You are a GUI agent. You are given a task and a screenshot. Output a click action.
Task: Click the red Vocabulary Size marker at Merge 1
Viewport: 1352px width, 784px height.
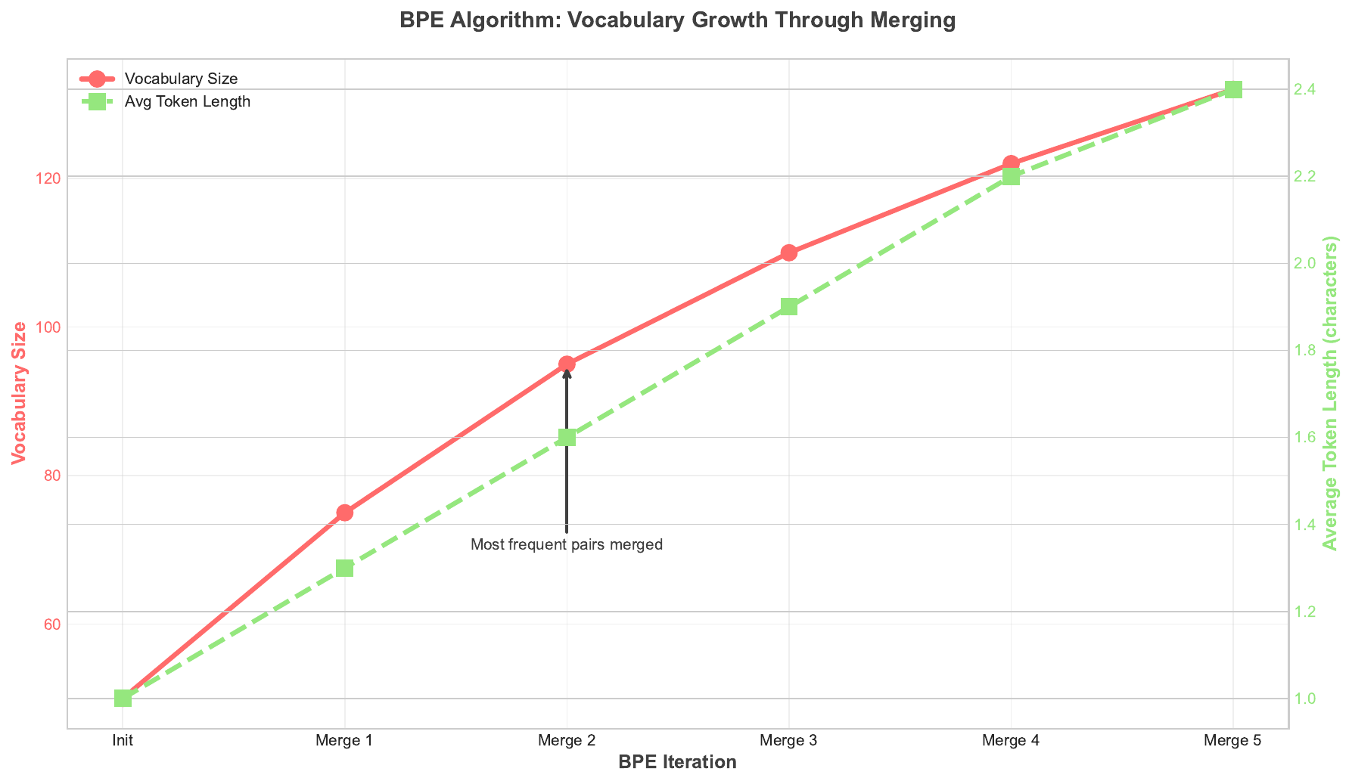click(345, 513)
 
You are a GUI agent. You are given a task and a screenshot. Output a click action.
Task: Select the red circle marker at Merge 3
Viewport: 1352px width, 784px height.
click(789, 253)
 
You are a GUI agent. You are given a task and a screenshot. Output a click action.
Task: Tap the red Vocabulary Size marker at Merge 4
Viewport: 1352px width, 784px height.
click(1011, 163)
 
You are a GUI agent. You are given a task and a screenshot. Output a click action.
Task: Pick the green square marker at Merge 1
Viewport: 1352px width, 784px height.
click(345, 568)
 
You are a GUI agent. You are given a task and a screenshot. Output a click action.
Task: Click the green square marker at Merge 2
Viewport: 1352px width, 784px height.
click(567, 438)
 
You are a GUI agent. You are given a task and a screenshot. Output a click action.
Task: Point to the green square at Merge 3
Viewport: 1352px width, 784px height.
click(789, 307)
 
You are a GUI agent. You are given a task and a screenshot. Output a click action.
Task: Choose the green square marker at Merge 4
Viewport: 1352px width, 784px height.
click(1011, 177)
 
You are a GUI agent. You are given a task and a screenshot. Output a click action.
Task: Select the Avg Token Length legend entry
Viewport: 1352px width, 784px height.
click(187, 102)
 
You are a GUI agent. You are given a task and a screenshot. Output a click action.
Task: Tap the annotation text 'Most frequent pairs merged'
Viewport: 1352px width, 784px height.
click(567, 544)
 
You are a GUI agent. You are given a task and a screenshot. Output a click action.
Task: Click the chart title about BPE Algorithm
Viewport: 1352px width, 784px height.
click(677, 21)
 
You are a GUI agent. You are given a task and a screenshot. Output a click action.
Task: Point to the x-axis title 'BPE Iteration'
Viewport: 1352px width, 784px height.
click(677, 762)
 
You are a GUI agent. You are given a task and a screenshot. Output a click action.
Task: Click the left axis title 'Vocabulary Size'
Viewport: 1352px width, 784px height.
click(20, 393)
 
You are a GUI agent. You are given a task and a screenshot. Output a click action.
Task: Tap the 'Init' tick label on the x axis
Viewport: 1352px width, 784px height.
click(123, 742)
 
